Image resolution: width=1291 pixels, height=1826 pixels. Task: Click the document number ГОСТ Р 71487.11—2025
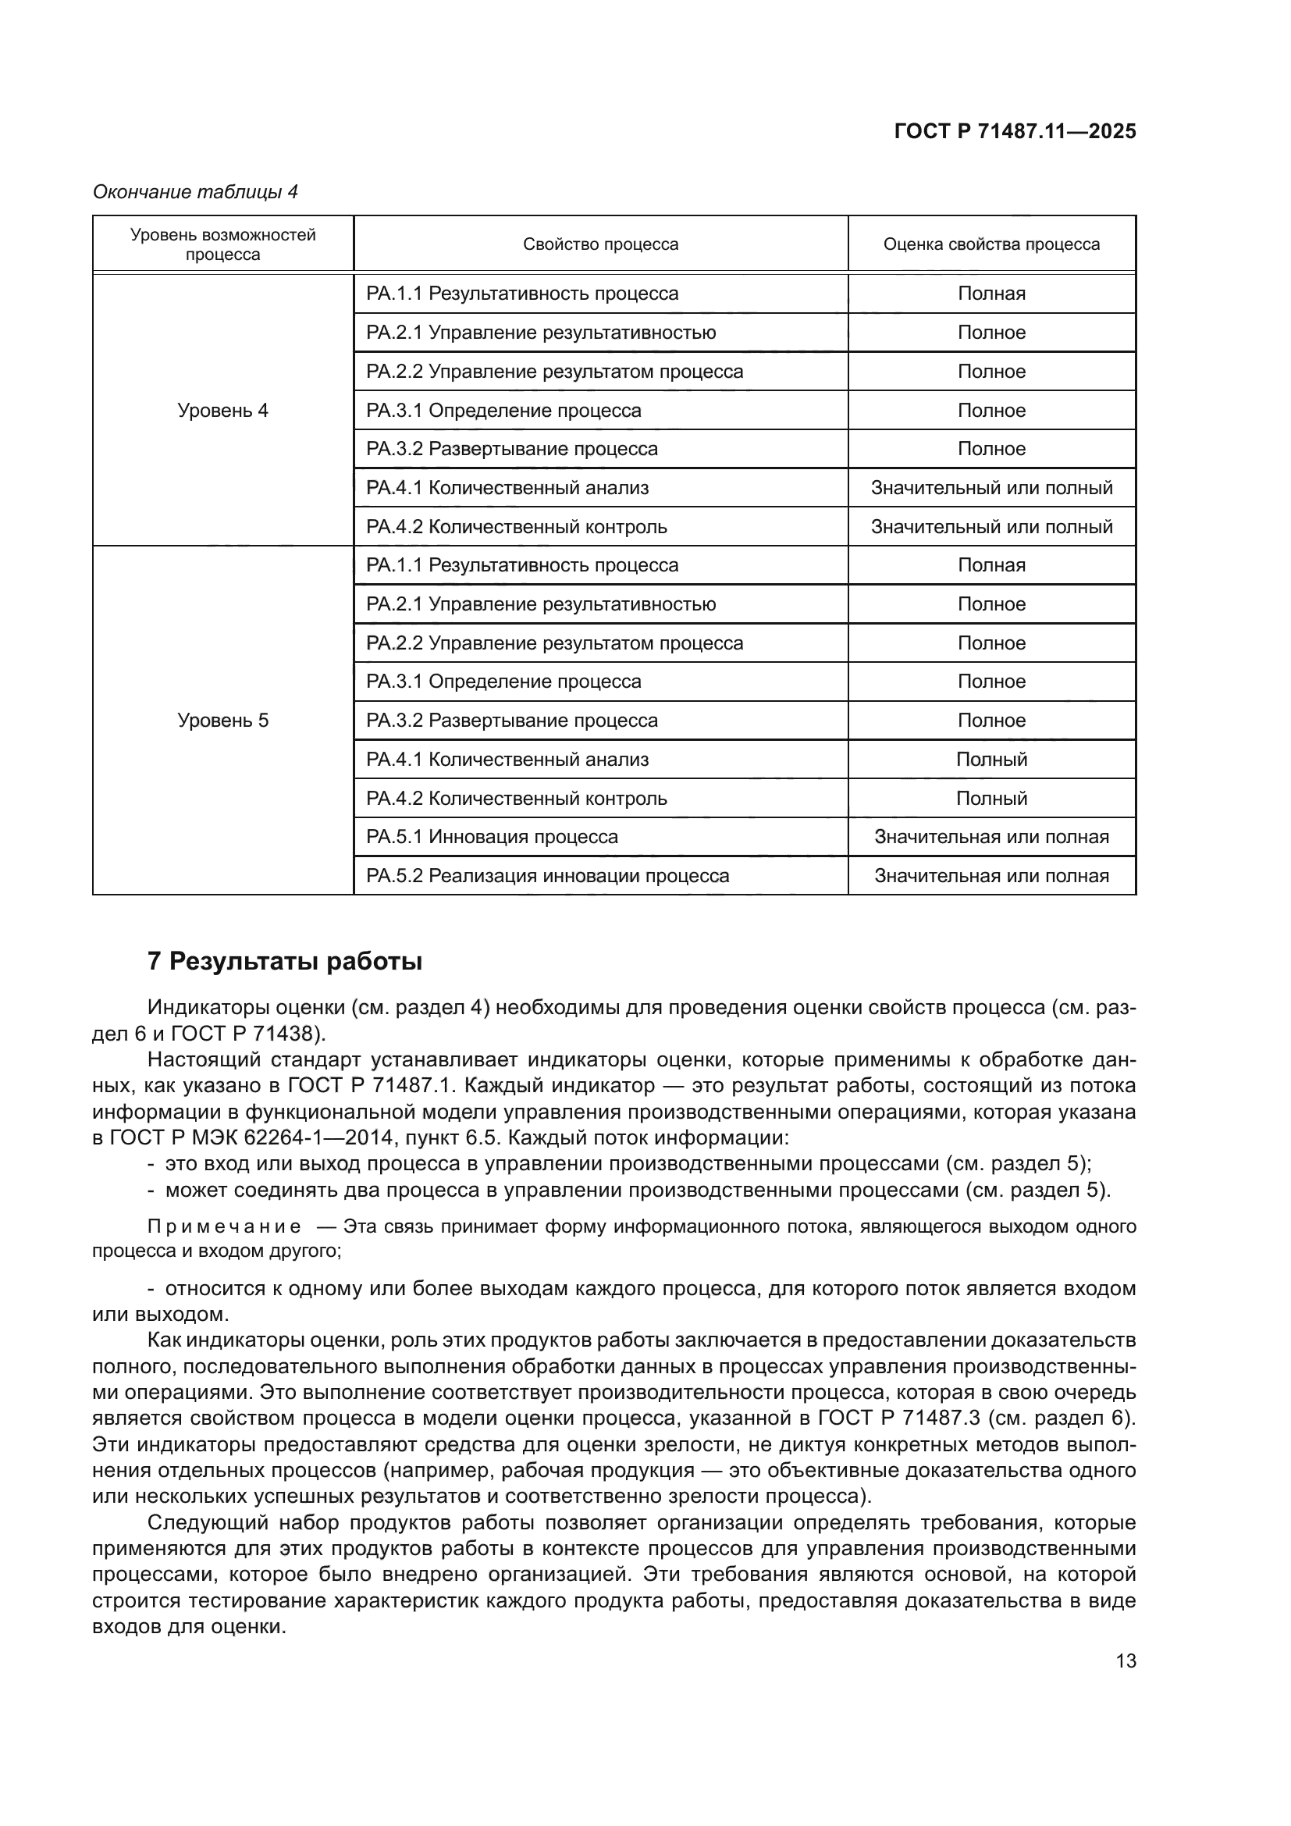1015,132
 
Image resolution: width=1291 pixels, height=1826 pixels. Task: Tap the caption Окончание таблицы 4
195,192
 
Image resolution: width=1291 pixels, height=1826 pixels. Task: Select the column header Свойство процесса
600,244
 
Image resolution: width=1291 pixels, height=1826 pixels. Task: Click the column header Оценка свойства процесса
991,244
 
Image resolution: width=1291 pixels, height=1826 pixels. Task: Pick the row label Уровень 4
222,411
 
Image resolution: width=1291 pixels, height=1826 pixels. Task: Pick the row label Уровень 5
222,721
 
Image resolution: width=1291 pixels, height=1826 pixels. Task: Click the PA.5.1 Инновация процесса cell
491,837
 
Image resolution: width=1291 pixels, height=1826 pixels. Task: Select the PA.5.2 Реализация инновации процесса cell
547,876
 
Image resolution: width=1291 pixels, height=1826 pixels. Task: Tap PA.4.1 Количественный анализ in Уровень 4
507,487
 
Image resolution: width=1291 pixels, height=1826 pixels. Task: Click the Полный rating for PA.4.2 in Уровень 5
991,798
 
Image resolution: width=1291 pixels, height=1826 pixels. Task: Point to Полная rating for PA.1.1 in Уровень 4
991,294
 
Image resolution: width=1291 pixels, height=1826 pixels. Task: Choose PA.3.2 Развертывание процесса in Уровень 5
511,721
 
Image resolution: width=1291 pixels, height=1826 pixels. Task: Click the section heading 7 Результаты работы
285,962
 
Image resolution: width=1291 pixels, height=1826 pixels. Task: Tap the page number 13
1126,1660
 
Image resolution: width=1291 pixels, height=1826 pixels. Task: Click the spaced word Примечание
224,1226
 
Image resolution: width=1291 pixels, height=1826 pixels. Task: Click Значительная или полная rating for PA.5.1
991,837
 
